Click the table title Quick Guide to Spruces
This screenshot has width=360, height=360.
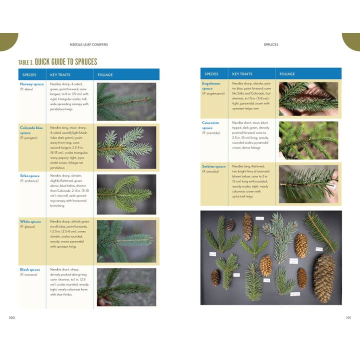point(57,62)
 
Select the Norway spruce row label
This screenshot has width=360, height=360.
point(32,84)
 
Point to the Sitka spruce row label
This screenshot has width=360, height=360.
point(30,176)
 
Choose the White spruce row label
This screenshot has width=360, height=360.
point(30,221)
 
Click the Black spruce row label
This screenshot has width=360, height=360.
point(30,269)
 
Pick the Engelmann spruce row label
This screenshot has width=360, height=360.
point(211,85)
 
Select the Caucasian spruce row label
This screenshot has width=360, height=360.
point(211,125)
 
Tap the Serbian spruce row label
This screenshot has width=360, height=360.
point(213,166)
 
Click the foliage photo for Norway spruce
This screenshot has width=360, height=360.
point(126,101)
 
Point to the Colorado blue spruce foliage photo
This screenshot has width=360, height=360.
point(126,147)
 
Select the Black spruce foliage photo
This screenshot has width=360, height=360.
point(126,286)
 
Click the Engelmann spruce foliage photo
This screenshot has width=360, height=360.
point(308,99)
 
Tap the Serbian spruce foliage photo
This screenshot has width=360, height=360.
point(308,184)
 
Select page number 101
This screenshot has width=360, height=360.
point(348,317)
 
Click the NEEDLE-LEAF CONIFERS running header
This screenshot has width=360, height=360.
point(90,44)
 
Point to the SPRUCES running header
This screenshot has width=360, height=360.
point(270,44)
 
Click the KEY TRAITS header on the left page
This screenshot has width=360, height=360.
point(60,75)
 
